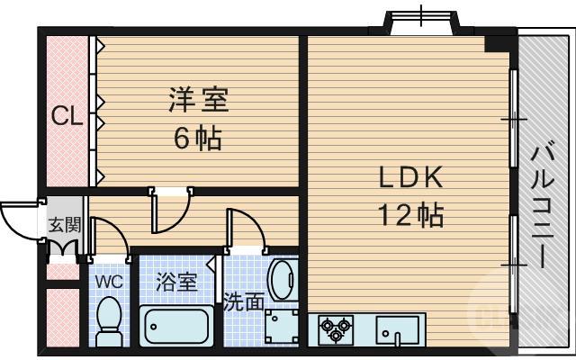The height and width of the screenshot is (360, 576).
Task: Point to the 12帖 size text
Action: click(x=409, y=215)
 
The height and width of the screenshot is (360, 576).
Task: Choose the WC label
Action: click(x=110, y=281)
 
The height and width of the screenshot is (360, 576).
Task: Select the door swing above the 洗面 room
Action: click(x=246, y=229)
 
